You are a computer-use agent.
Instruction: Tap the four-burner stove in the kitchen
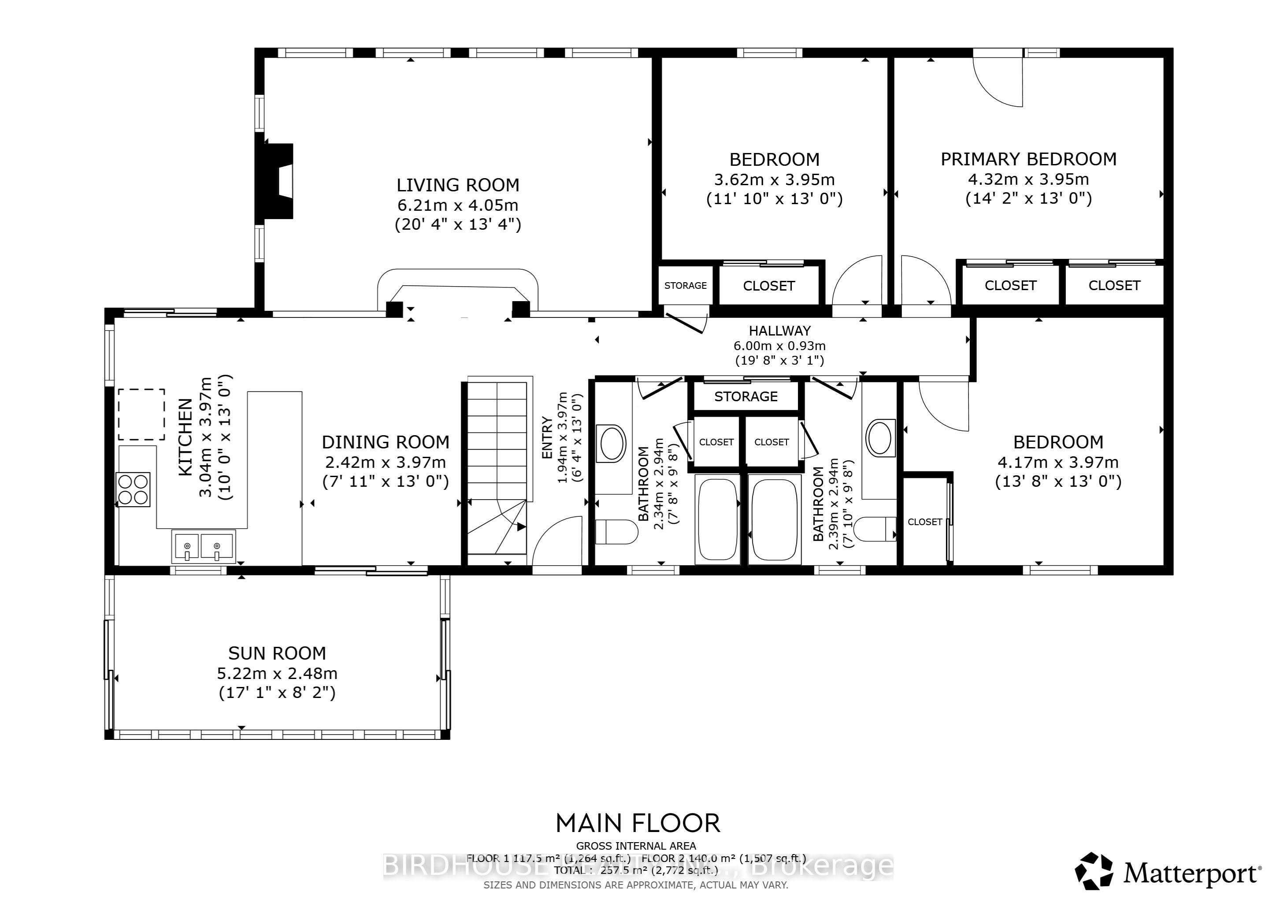pyautogui.click(x=134, y=489)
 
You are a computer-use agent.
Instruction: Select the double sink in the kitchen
pyautogui.click(x=203, y=546)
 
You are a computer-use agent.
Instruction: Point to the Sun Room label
pyautogui.click(x=277, y=653)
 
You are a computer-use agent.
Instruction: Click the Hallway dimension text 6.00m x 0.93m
pyautogui.click(x=779, y=346)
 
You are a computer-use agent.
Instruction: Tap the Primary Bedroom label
pyautogui.click(x=1028, y=159)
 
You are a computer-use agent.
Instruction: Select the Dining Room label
pyautogui.click(x=385, y=442)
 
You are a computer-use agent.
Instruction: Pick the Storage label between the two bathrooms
pyautogui.click(x=746, y=396)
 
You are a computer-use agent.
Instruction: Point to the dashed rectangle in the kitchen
pyautogui.click(x=141, y=415)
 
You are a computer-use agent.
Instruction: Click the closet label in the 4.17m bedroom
pyautogui.click(x=925, y=522)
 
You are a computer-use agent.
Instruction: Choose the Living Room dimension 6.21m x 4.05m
pyautogui.click(x=457, y=205)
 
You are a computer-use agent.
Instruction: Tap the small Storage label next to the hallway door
pyautogui.click(x=685, y=285)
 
